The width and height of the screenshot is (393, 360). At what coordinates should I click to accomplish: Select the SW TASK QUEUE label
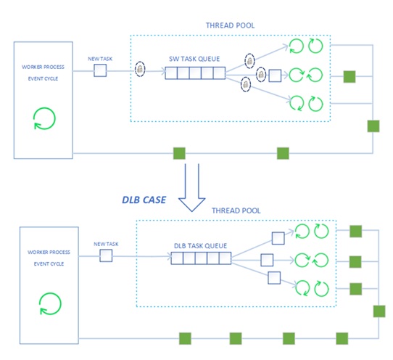click(192, 60)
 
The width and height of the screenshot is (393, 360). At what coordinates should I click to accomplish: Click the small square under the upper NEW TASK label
click(101, 71)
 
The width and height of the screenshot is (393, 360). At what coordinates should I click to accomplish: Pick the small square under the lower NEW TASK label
click(106, 255)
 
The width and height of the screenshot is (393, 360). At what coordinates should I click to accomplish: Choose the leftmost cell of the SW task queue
click(171, 73)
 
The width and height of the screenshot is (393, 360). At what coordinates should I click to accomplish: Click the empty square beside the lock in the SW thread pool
click(275, 75)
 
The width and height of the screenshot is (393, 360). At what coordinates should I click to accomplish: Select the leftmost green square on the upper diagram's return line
click(178, 153)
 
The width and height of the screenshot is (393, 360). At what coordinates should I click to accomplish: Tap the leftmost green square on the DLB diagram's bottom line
click(184, 337)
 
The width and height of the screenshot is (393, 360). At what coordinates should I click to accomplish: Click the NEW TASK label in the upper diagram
click(101, 60)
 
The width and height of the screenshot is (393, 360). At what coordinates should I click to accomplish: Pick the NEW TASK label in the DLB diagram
click(106, 244)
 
